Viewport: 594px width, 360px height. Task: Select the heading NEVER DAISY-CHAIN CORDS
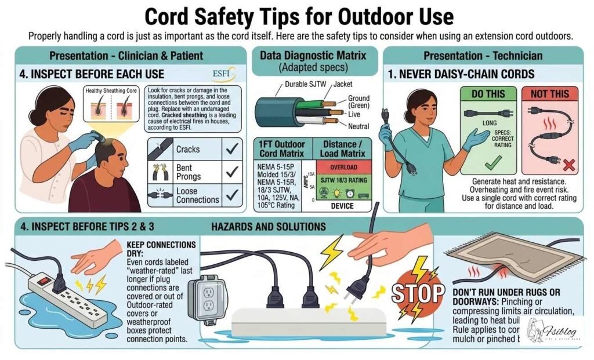pyautogui.click(x=461, y=74)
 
